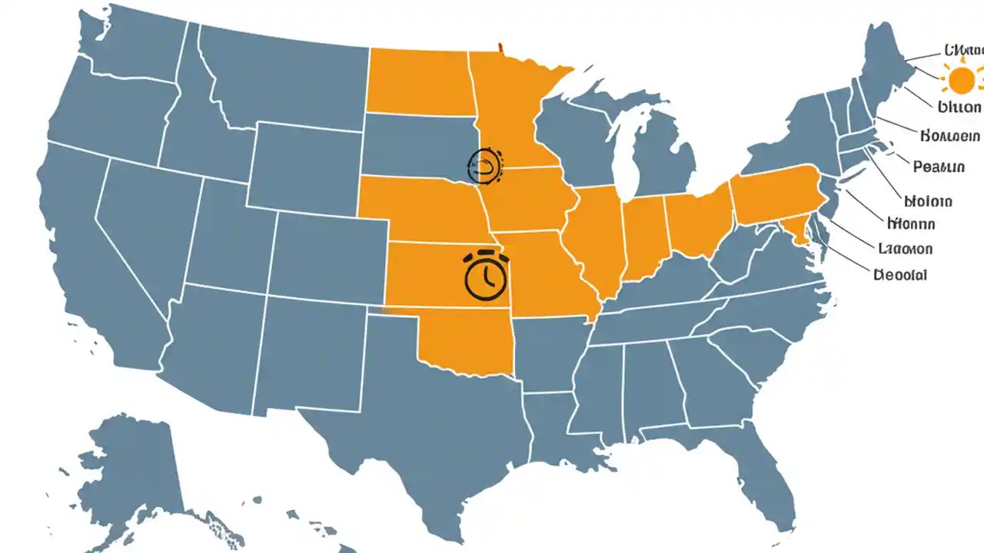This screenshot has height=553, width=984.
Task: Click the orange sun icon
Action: [961, 80]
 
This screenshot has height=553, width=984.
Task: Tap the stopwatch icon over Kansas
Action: [487, 276]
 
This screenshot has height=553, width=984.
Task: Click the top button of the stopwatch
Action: [487, 252]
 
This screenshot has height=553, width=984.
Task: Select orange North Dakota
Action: [419, 83]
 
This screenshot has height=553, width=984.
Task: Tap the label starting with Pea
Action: [939, 166]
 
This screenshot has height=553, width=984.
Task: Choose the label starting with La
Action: [905, 249]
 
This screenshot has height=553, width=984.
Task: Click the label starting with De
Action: [900, 274]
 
